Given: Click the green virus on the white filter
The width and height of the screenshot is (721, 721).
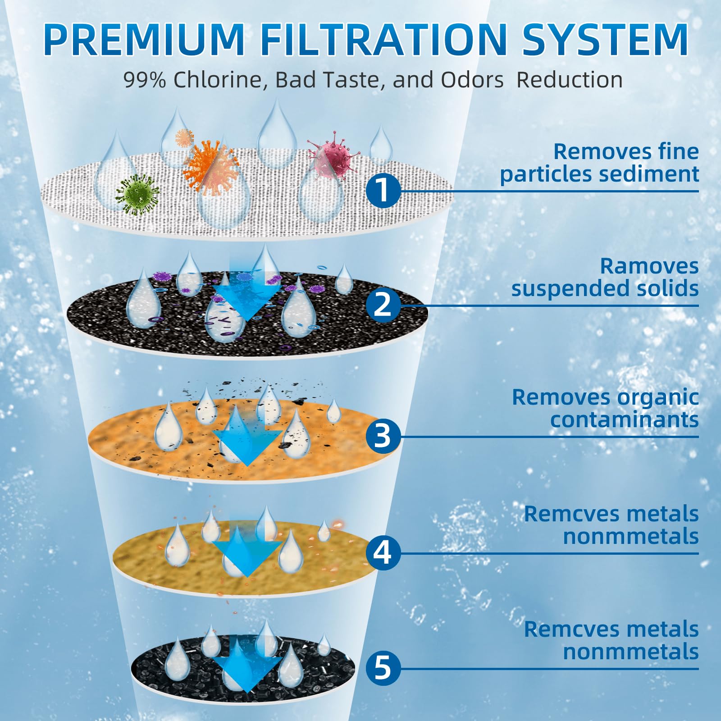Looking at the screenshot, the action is click(x=138, y=194).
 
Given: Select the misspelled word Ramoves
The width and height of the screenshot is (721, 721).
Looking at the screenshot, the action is click(x=649, y=266).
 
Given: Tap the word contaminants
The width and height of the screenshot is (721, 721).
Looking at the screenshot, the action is click(x=624, y=420).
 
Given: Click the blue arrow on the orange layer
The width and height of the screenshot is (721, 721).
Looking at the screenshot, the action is click(x=247, y=439).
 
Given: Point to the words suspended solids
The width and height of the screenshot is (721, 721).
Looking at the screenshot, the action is click(x=605, y=289).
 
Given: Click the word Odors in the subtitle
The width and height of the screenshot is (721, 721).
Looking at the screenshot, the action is click(x=472, y=80).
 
